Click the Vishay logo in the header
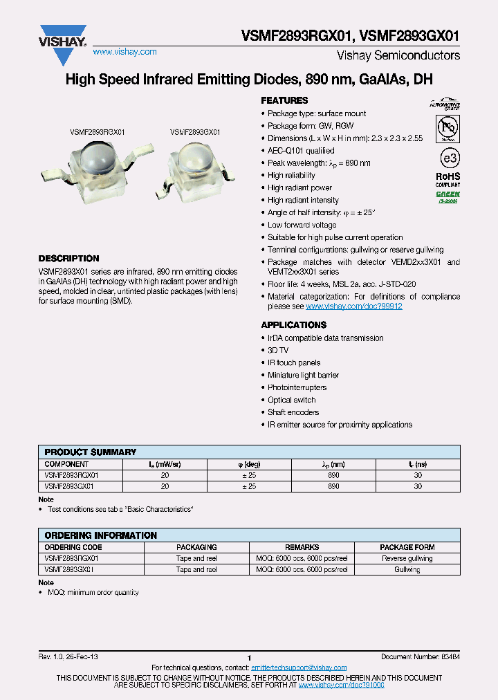click(63, 37)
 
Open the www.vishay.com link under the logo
click(124, 52)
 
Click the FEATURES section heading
click(284, 100)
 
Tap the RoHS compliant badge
click(448, 179)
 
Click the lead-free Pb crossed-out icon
click(448, 128)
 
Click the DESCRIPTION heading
click(68, 258)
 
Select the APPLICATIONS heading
click(293, 324)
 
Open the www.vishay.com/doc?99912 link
click(353, 306)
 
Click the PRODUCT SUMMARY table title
click(90, 452)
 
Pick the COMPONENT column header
click(66, 464)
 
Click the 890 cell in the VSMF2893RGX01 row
click(333, 475)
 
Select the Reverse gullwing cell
click(407, 558)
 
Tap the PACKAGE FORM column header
click(407, 547)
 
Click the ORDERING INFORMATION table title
click(100, 535)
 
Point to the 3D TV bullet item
click(279, 351)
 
